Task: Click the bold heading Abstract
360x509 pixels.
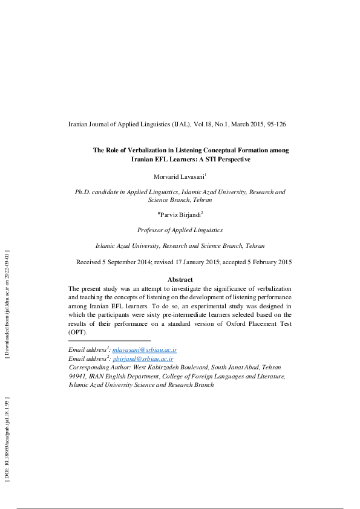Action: tap(180, 279)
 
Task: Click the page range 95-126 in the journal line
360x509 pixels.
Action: tap(273, 125)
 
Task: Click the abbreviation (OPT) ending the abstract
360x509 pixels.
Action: tap(78, 332)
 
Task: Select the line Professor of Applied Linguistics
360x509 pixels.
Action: tap(180, 230)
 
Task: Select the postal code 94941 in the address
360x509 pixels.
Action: tap(78, 375)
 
